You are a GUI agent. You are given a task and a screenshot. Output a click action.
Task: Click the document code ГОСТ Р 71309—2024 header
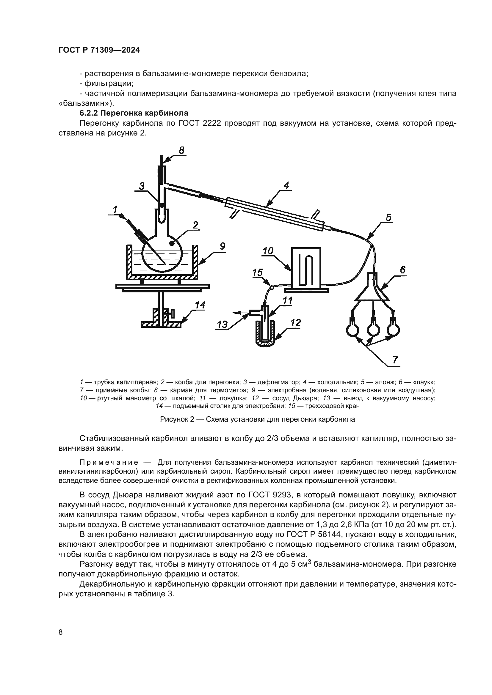pos(99,50)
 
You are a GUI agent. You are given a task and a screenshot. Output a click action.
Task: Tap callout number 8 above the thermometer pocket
pos(181,150)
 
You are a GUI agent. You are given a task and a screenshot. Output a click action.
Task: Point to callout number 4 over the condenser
pos(286,185)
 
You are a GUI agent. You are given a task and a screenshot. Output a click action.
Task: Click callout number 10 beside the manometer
pos(268,251)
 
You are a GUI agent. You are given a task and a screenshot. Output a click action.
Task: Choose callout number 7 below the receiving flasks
pos(395,360)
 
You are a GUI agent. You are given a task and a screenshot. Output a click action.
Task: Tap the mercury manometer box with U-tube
pos(306,267)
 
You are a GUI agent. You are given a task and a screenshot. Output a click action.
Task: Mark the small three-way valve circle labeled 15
pos(272,287)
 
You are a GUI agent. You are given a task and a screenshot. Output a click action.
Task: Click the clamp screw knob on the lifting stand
pos(172,313)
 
